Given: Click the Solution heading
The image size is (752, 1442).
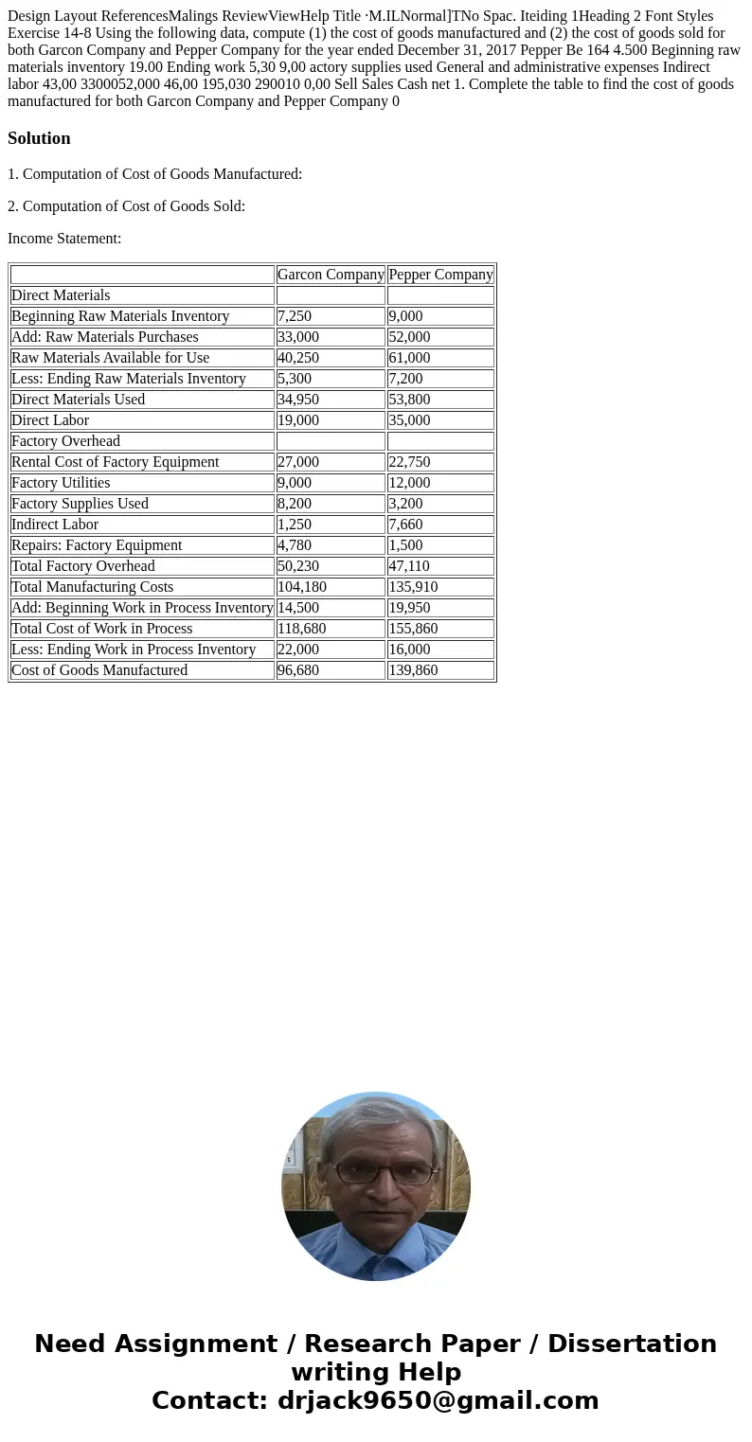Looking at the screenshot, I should point(39,138).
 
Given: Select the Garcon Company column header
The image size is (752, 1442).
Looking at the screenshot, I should point(331,275).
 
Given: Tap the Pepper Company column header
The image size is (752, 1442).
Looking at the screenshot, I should point(440,275).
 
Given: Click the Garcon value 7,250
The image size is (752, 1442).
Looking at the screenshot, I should point(295,316).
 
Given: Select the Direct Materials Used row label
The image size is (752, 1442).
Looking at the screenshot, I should point(79,400).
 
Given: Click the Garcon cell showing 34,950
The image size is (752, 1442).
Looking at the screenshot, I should point(298,400).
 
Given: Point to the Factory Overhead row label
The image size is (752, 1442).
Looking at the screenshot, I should point(66,441).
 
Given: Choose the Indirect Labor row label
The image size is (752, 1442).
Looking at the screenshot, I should point(55,525).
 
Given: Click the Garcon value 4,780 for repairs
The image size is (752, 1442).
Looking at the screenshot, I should point(295,545).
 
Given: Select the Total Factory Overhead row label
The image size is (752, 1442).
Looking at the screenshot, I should point(83,566).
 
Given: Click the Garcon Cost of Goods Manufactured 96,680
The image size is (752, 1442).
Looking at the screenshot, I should point(298,670).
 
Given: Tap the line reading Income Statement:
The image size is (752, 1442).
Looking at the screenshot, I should point(64,239).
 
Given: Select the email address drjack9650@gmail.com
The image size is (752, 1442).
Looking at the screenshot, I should point(438,1400).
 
